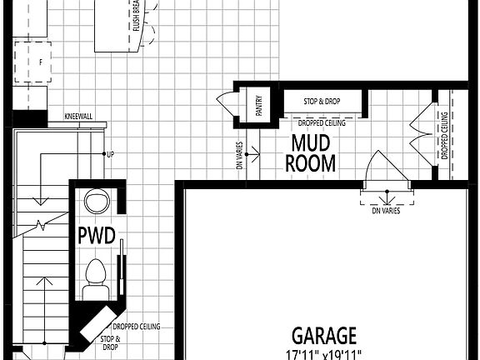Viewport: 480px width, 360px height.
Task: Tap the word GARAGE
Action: pyautogui.click(x=324, y=336)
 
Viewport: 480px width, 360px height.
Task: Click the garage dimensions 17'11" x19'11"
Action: pyautogui.click(x=324, y=354)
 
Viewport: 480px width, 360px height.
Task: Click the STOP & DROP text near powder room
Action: pyautogui.click(x=111, y=343)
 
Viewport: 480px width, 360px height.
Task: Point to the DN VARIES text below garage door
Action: pyautogui.click(x=386, y=211)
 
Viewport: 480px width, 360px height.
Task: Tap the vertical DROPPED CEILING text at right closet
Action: pyautogui.click(x=445, y=135)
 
